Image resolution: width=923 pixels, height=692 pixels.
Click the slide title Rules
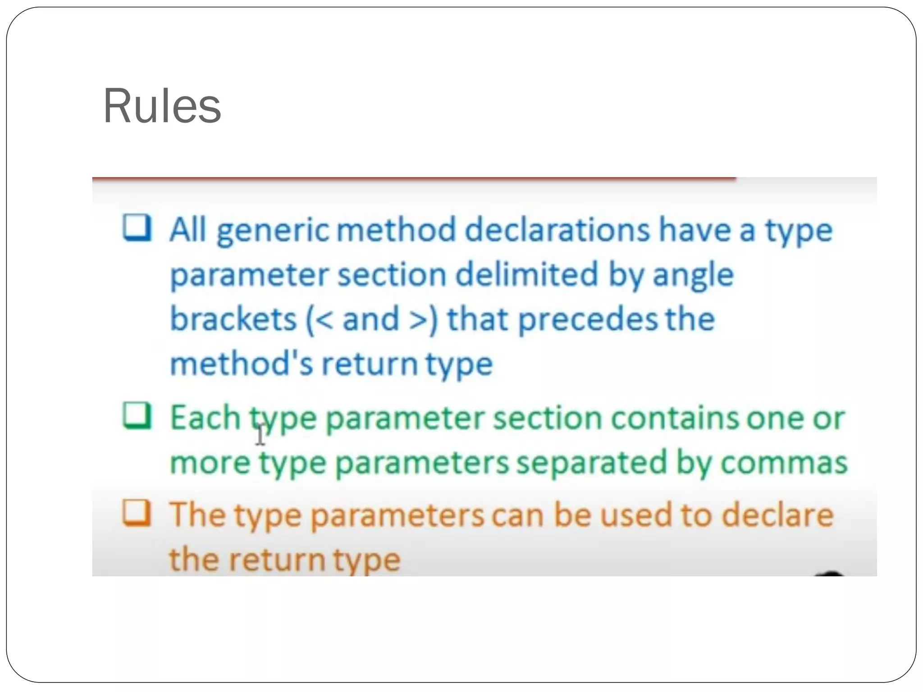(x=162, y=106)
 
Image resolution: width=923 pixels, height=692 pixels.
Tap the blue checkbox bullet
(x=137, y=228)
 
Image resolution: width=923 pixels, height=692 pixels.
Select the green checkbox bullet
(x=137, y=415)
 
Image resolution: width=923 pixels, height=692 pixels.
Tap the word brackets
(x=233, y=319)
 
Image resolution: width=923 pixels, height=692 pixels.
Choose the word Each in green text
(x=205, y=418)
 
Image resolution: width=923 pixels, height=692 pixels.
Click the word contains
(x=675, y=418)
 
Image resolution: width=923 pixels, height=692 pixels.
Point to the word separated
(x=591, y=463)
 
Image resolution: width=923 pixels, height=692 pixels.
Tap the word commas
(x=784, y=463)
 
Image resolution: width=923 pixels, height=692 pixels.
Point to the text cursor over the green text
(x=260, y=435)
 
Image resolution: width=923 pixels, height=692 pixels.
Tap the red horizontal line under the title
(x=414, y=179)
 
